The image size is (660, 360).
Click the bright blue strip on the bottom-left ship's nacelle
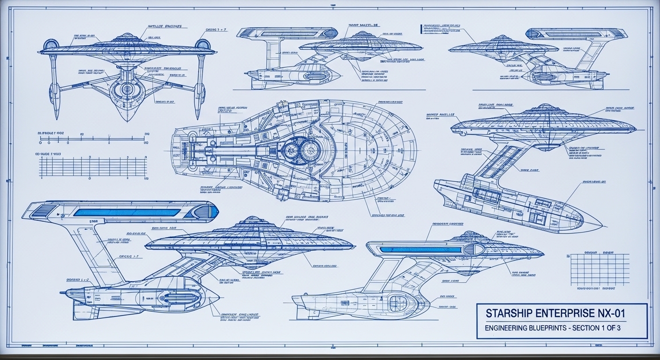click(127, 212)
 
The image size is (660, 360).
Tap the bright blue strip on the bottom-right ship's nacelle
click(420, 250)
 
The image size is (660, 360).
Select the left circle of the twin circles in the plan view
click(292, 150)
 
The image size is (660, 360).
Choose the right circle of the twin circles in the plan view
click(309, 150)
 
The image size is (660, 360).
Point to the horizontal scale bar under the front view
click(92, 139)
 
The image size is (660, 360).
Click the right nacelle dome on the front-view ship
click(202, 45)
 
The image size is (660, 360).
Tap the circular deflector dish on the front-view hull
click(127, 89)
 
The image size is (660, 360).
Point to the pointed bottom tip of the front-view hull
click(127, 120)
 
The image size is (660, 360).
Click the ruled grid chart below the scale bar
click(92, 167)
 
